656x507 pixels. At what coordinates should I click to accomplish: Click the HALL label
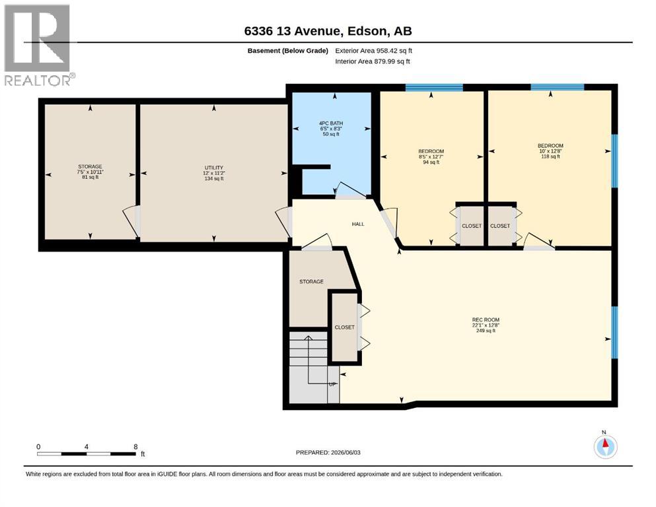(x=358, y=224)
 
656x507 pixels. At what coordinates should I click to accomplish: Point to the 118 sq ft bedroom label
(x=550, y=151)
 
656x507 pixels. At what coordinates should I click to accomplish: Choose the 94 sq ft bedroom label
(x=431, y=156)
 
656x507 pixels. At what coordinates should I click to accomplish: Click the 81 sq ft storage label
(x=90, y=172)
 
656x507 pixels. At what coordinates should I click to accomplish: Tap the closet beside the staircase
(x=344, y=327)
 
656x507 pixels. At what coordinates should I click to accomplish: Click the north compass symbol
(x=605, y=446)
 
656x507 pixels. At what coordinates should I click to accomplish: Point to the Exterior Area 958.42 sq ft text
(x=374, y=51)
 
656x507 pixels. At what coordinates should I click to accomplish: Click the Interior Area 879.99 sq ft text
(x=373, y=61)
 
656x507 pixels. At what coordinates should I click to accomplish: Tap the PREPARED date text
(x=328, y=452)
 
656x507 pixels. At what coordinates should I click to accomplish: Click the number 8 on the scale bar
(x=135, y=446)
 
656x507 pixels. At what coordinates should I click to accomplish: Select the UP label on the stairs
(x=332, y=384)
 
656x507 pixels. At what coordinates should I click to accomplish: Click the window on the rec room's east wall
(x=614, y=332)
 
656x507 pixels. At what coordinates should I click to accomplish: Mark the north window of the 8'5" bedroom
(x=434, y=87)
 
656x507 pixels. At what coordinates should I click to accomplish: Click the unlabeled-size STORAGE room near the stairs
(x=311, y=282)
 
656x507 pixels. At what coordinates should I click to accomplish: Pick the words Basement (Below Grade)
(x=288, y=51)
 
